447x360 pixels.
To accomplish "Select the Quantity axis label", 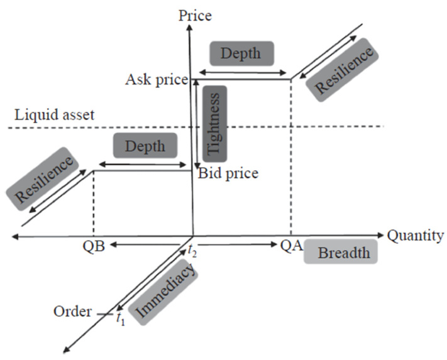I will (x=416, y=236).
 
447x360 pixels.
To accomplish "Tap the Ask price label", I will (x=156, y=80).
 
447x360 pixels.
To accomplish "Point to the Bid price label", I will (x=228, y=173).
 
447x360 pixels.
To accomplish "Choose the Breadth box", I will (x=340, y=253).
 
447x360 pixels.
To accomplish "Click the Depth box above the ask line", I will (x=241, y=53).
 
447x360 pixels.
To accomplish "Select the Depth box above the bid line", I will (x=145, y=146).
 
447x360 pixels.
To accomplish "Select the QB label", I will (x=92, y=247).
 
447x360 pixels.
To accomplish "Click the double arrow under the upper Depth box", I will (x=242, y=72).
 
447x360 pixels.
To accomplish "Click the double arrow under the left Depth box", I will (x=143, y=165).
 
